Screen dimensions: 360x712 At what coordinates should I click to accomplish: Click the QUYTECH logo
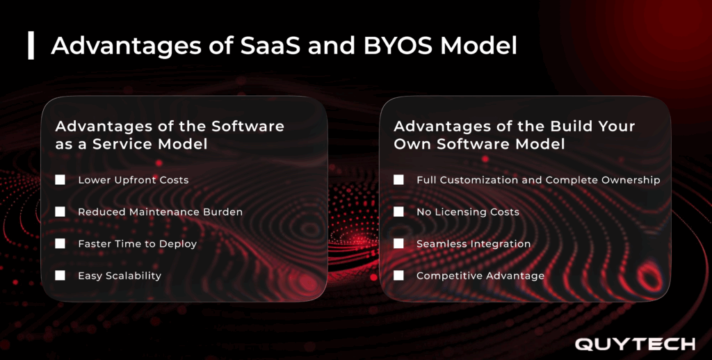[x=634, y=344]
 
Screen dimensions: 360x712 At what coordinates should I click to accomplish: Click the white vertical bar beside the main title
[x=31, y=45]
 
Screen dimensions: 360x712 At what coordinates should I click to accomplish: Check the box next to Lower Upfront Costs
[x=60, y=180]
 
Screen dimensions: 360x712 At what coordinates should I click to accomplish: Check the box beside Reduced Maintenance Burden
[x=60, y=212]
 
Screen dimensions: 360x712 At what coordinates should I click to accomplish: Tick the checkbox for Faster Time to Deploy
[x=60, y=244]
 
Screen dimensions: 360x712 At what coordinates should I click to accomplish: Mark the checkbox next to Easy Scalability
[x=60, y=276]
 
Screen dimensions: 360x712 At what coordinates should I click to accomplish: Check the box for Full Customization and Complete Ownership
[x=398, y=180]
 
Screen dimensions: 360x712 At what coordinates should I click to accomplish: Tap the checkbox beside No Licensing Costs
[x=398, y=212]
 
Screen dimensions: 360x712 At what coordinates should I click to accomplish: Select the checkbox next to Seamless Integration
[x=398, y=244]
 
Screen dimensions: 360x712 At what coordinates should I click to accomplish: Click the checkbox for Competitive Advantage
[x=398, y=276]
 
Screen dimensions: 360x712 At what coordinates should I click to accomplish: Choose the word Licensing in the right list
[x=461, y=212]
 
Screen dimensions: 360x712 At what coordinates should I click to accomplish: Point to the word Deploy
[x=178, y=244]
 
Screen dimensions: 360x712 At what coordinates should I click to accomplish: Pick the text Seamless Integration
[x=474, y=244]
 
